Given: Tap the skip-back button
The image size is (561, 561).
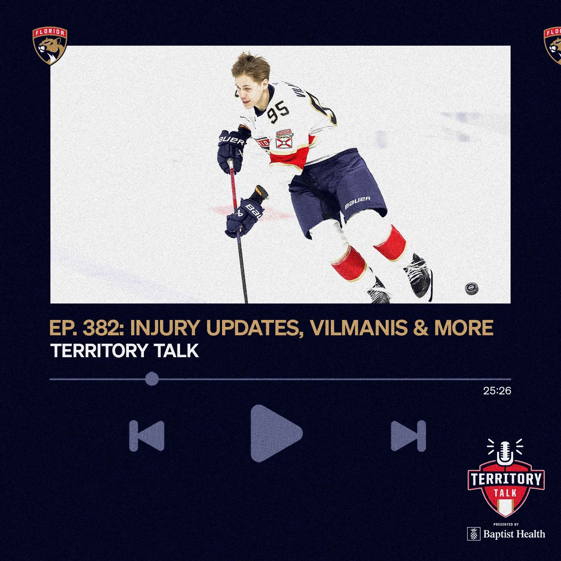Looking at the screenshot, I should (147, 436).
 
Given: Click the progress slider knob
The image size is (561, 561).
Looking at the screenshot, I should (152, 379).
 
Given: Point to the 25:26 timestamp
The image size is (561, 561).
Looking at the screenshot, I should (497, 391).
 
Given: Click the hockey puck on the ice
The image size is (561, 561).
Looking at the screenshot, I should (472, 288).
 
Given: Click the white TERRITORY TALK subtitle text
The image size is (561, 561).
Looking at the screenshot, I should (125, 351).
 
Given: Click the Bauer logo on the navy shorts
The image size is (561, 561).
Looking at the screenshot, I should (358, 202).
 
